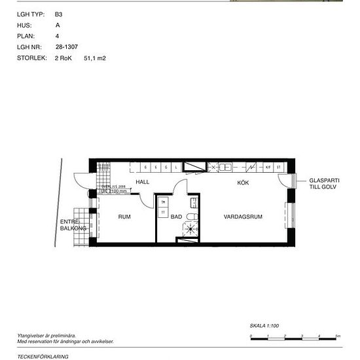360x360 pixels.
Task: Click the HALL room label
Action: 143,182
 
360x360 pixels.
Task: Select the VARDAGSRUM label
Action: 242,216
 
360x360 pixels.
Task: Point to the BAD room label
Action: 176,217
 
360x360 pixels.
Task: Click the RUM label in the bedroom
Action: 124,216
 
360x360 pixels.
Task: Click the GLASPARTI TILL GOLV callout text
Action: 325,184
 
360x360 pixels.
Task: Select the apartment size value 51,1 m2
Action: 95,58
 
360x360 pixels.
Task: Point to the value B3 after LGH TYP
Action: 58,14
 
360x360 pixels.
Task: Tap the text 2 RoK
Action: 64,58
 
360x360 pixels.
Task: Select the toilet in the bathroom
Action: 192,217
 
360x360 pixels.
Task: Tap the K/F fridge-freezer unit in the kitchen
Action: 268,167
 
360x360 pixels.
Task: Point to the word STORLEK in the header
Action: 30,58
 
